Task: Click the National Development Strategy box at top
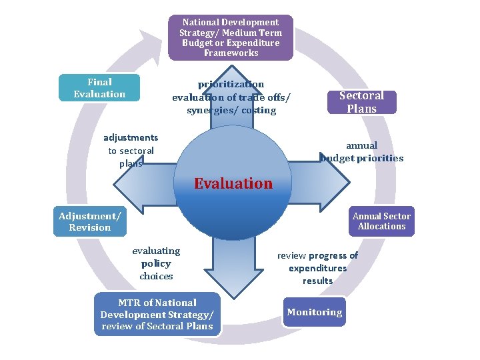pos(231,37)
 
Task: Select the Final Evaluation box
pos(99,88)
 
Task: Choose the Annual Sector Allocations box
pos(381,221)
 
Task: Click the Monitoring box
pos(315,312)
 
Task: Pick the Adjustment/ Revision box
pos(89,221)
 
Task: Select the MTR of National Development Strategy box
pos(157,314)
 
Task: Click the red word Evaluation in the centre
pos(233,183)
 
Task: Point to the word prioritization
pos(231,84)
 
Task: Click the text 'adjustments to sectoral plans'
pos(131,151)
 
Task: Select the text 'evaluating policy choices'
pos(156,263)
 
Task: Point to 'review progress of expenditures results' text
pos(317,268)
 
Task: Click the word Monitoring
pos(315,312)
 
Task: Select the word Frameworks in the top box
pos(231,53)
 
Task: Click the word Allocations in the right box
pos(381,226)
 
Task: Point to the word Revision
pos(89,227)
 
